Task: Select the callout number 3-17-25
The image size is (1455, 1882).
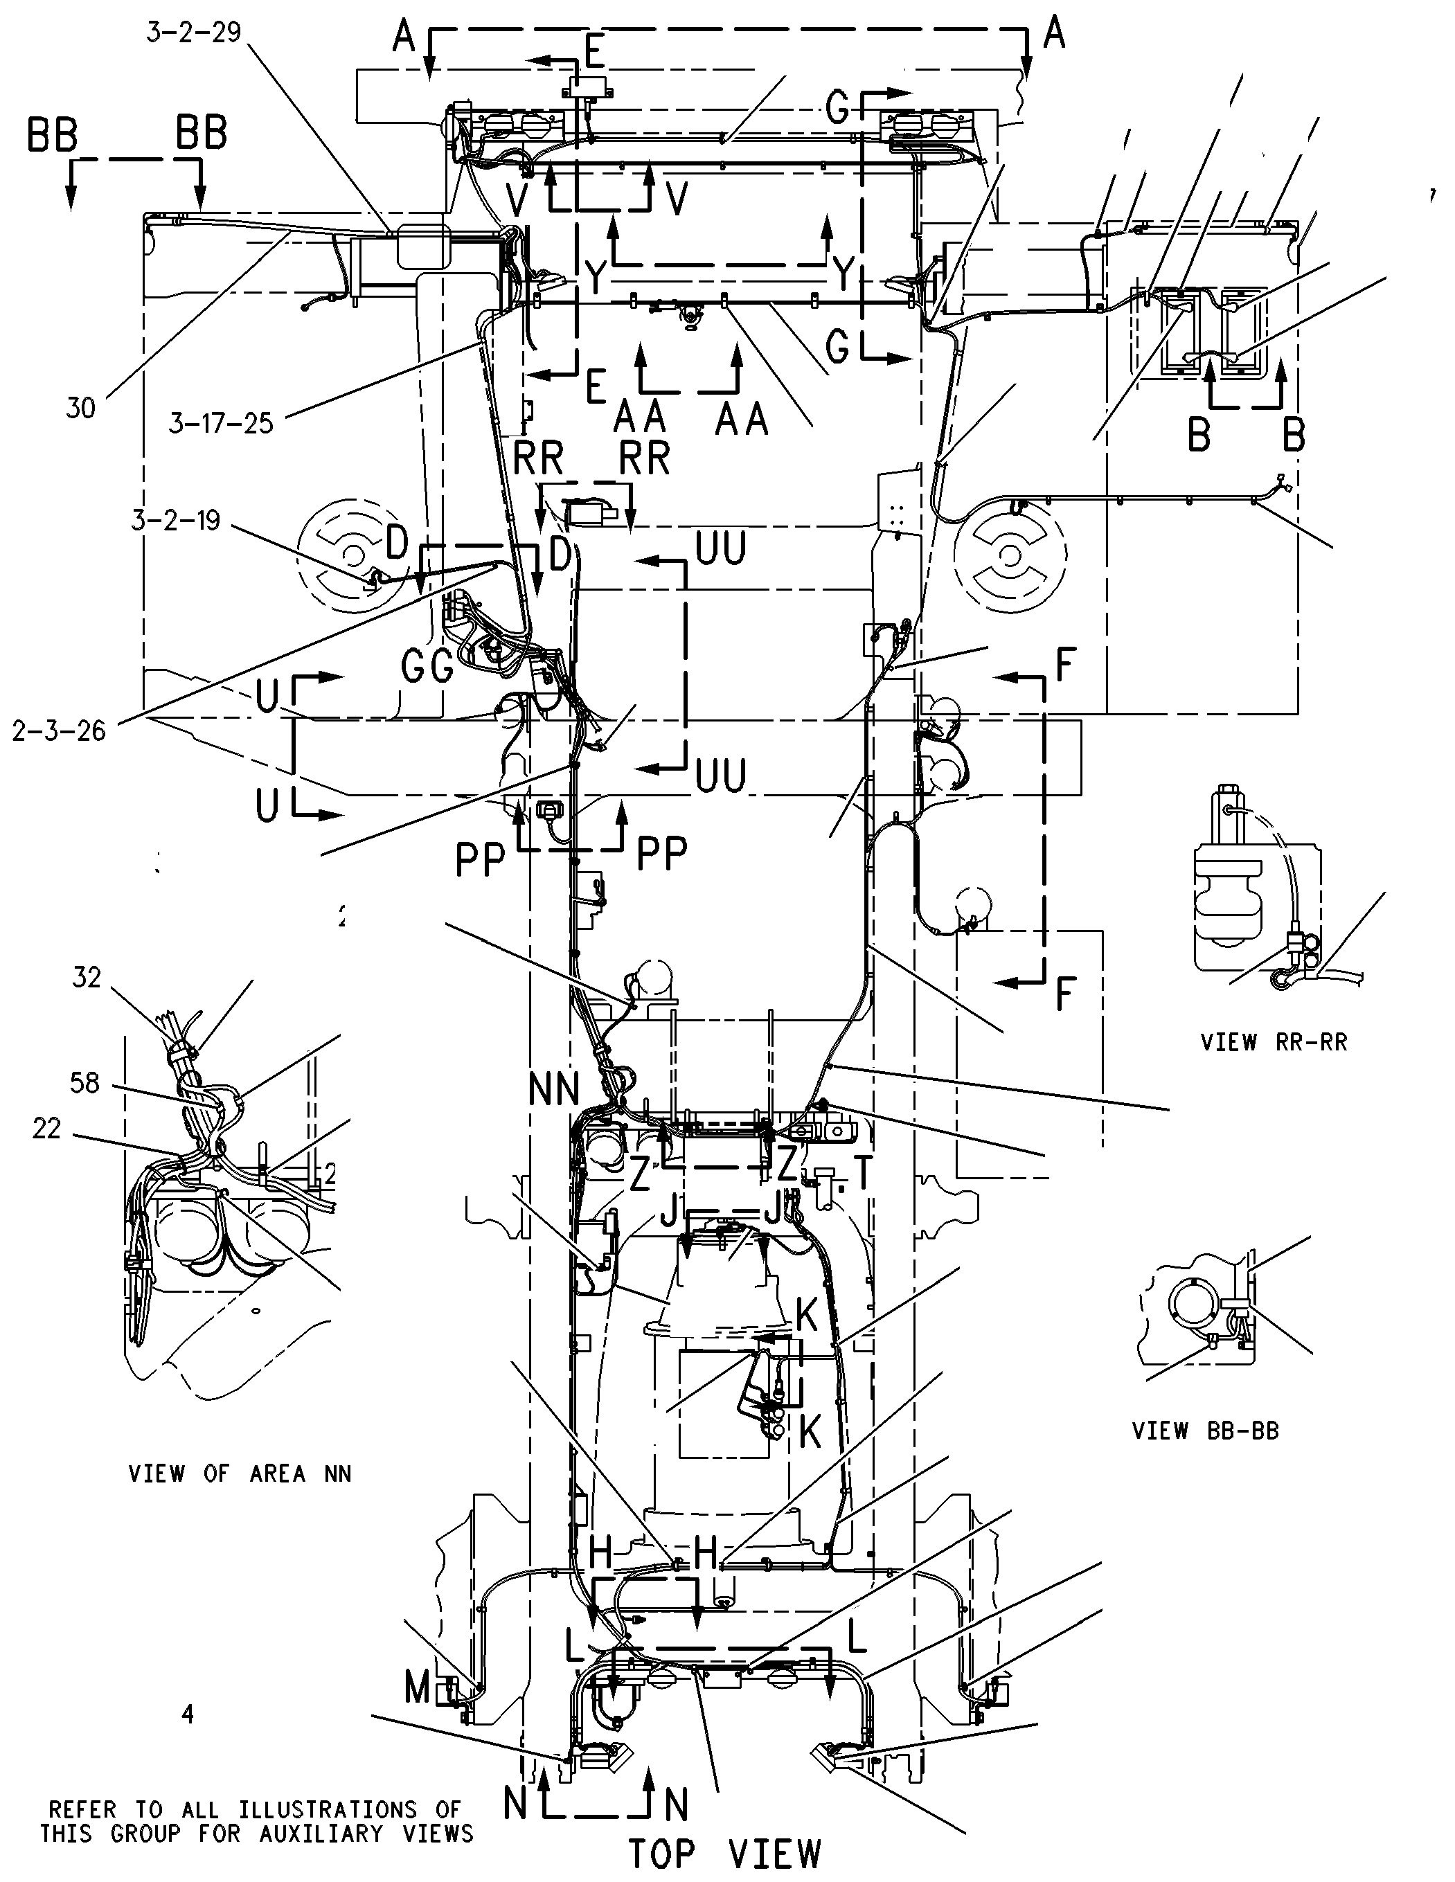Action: coord(221,423)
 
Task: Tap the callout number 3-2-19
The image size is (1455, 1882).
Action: coord(176,521)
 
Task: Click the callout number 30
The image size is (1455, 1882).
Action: coord(80,408)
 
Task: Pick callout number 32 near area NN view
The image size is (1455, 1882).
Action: coord(87,977)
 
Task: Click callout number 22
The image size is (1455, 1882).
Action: coord(46,1128)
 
